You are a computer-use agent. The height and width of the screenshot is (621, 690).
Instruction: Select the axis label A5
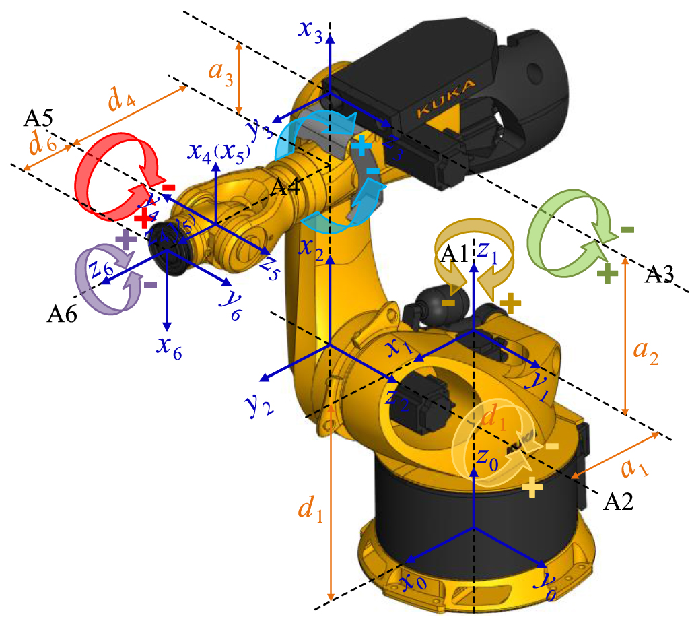click(39, 119)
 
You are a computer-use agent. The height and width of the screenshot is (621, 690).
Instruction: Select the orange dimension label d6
click(41, 143)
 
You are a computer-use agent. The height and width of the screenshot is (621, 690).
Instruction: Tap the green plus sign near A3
click(608, 273)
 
